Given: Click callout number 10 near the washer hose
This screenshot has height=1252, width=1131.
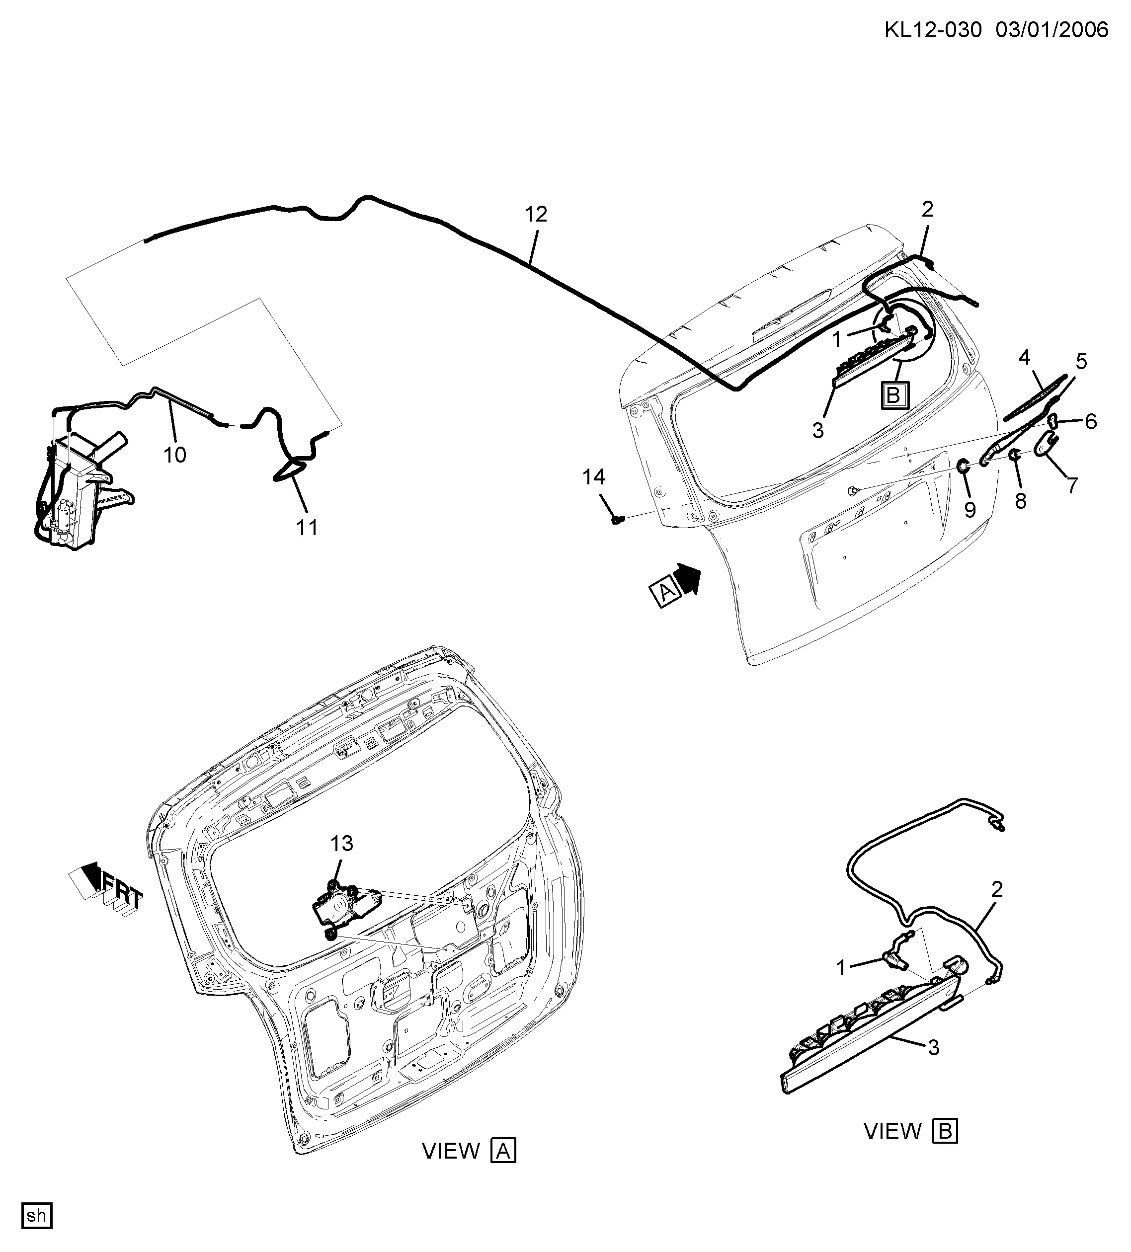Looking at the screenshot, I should (174, 455).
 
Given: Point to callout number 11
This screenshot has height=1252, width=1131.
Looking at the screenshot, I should (307, 527).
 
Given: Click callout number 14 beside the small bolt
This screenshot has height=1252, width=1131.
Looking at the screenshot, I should (593, 477).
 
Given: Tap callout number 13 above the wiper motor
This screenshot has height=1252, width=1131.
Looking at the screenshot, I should (341, 844).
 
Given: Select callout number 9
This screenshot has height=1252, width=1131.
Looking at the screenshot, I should (970, 509).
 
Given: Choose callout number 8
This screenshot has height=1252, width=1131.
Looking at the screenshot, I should (1021, 501).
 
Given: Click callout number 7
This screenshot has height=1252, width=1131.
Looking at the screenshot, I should (1073, 485).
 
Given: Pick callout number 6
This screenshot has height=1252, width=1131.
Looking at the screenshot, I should (1091, 422).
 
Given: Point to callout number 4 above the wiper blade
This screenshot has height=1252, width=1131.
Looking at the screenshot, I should (1024, 357).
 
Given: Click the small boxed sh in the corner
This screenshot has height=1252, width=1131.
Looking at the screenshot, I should (37, 1215).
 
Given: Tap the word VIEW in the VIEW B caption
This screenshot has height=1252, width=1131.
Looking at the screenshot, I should (892, 1131).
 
